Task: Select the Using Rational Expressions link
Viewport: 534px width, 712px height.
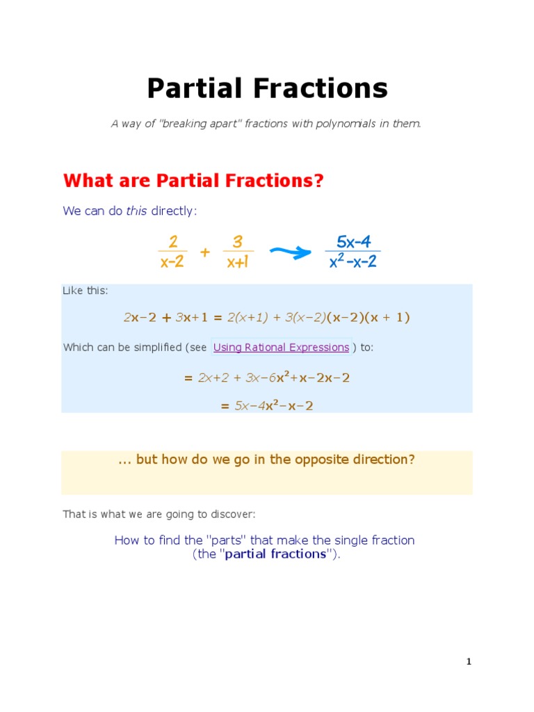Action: coord(281,348)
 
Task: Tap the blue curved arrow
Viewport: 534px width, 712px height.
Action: coord(289,252)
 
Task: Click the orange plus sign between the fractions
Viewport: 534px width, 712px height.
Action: coord(204,252)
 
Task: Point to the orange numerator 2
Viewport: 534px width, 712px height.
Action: coord(172,241)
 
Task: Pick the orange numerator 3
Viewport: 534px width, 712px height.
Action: coord(238,241)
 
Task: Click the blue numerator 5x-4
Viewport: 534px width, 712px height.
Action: coord(353,241)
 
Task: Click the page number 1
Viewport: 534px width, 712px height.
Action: coord(469,662)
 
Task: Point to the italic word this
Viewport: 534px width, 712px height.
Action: coord(136,211)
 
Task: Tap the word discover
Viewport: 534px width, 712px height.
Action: coord(234,515)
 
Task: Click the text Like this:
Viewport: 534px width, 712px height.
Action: coord(86,291)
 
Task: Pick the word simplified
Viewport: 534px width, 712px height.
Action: coord(154,348)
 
